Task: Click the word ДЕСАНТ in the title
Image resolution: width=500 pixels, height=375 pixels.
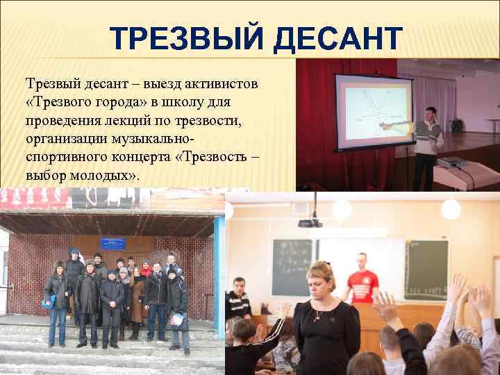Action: [337, 40]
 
